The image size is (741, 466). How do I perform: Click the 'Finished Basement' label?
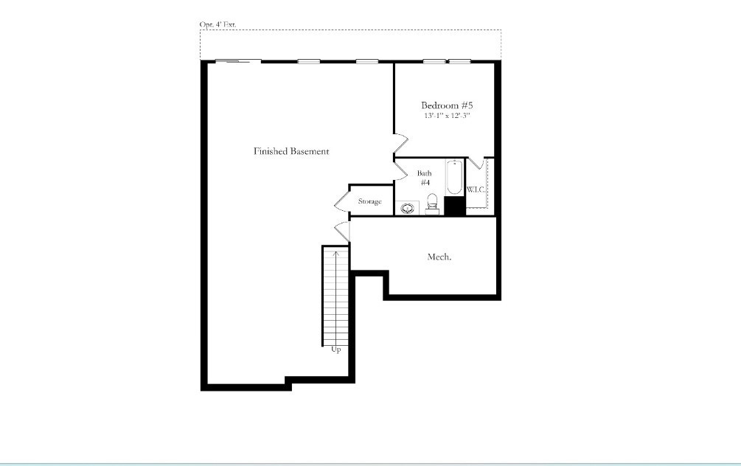tap(291, 151)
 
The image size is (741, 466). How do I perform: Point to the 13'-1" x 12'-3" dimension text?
tap(447, 116)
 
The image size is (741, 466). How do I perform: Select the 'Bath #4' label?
tap(425, 178)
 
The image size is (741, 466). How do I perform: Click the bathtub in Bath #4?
tap(454, 177)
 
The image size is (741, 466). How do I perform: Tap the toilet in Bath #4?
tap(433, 201)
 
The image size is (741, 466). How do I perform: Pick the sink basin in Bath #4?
tap(406, 208)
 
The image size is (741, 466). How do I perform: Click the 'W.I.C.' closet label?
tap(476, 190)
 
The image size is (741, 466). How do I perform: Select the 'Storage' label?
tap(369, 201)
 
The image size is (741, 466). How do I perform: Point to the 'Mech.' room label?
tap(439, 257)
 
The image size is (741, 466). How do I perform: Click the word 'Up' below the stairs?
tap(336, 349)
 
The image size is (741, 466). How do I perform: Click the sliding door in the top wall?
tap(237, 62)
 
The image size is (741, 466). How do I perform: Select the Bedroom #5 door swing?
tap(400, 145)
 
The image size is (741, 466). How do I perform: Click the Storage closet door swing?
tap(341, 201)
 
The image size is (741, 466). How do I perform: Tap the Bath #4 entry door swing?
tap(401, 171)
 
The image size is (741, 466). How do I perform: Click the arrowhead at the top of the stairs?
tap(336, 253)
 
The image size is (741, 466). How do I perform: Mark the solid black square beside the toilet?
tap(454, 206)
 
